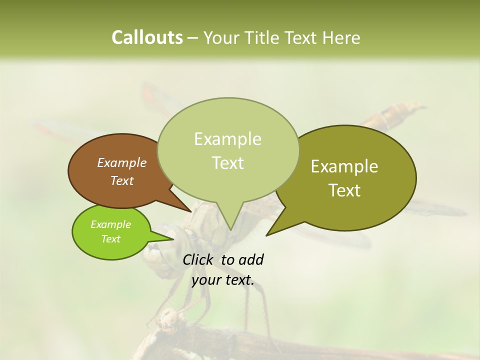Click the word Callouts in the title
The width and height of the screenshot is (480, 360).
click(x=147, y=37)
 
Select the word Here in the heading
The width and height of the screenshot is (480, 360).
click(x=342, y=38)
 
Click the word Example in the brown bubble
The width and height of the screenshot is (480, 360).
click(x=122, y=162)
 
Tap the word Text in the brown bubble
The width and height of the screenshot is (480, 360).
click(x=122, y=180)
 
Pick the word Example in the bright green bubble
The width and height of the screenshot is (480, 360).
click(x=111, y=224)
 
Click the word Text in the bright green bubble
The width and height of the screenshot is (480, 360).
click(x=111, y=239)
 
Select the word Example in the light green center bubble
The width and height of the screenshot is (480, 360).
click(x=227, y=139)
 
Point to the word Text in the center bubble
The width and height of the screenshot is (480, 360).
click(x=227, y=163)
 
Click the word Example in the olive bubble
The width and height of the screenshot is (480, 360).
click(x=344, y=166)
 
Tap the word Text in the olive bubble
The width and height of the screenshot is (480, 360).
click(x=344, y=190)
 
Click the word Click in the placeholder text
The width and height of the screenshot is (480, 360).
click(x=198, y=259)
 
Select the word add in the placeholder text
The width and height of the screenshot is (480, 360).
click(x=251, y=259)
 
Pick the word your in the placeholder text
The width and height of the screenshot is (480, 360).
click(x=206, y=280)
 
